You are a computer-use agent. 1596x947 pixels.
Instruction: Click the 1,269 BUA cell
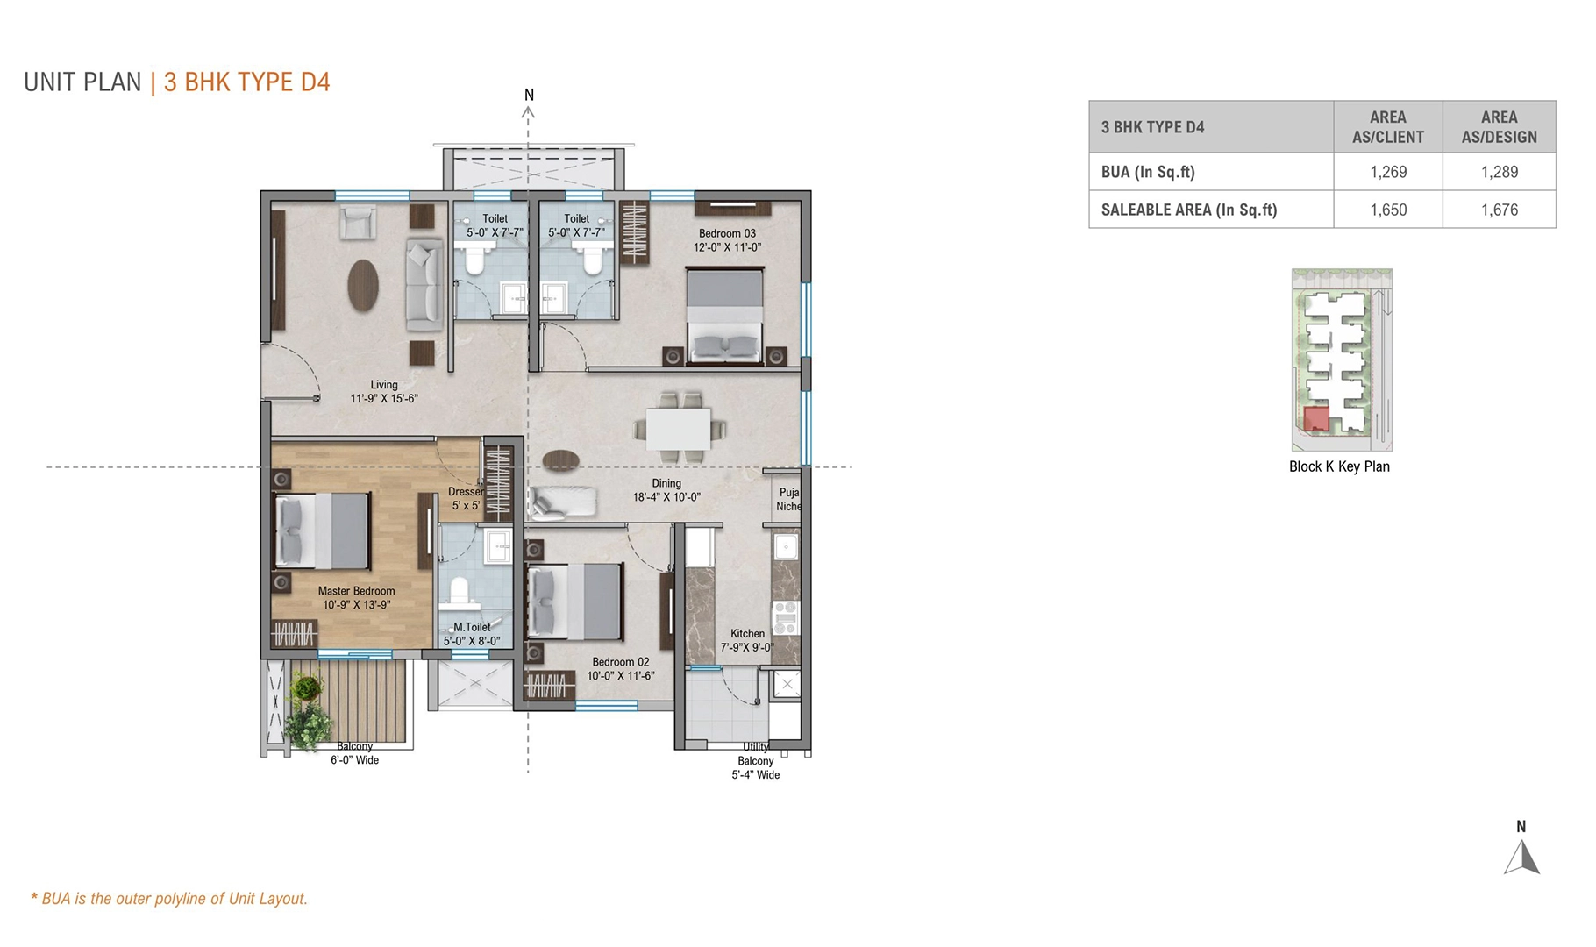pos(1388,172)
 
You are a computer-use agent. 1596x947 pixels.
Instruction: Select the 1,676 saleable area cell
pos(1499,210)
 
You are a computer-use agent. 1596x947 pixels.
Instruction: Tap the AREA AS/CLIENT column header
pos(1388,127)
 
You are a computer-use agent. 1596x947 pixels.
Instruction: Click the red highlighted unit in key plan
pos(1315,418)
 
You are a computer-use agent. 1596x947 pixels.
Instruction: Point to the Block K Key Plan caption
pos(1339,466)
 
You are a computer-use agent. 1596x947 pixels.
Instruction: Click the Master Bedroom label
pos(356,591)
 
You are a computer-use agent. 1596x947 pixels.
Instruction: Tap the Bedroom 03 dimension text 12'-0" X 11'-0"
pos(727,247)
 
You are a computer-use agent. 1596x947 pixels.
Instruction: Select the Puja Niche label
pos(787,499)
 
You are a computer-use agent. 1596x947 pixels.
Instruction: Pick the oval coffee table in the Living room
pos(363,285)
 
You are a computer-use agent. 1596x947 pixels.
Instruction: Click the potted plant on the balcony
pos(307,715)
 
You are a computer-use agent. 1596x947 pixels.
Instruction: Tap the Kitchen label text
pos(747,633)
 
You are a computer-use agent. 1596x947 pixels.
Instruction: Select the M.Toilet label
pos(472,627)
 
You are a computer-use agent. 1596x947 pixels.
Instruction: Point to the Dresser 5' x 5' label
pos(466,498)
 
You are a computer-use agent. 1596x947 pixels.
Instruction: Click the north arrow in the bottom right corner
pos(1522,857)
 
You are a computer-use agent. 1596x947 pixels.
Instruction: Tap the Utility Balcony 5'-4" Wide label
pos(755,761)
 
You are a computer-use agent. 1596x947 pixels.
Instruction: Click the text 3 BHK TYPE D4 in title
pos(247,82)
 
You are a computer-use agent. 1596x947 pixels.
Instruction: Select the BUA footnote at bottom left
pos(169,899)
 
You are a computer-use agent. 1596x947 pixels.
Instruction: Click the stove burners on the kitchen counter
pos(786,616)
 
